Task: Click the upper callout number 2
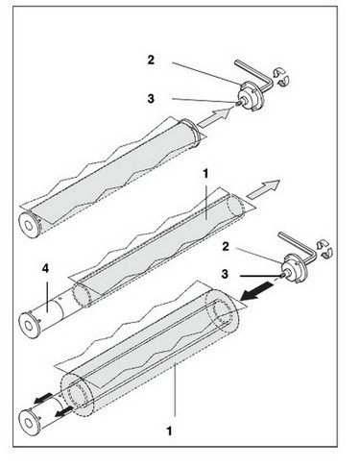pyautogui.click(x=151, y=60)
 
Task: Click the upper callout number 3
pyautogui.click(x=151, y=99)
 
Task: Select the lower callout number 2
pyautogui.click(x=226, y=247)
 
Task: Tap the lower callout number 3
pyautogui.click(x=225, y=274)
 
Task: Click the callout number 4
pyautogui.click(x=46, y=269)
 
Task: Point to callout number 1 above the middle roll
pyautogui.click(x=205, y=174)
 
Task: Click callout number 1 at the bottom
pyautogui.click(x=169, y=430)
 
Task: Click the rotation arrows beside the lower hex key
pyautogui.click(x=324, y=249)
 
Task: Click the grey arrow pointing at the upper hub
pyautogui.click(x=214, y=117)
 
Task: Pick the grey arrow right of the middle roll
pyautogui.click(x=264, y=189)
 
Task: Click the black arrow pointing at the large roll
pyautogui.click(x=257, y=293)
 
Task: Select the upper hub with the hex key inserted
pyautogui.click(x=251, y=96)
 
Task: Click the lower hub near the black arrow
pyautogui.click(x=294, y=268)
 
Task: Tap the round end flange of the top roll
pyautogui.click(x=28, y=225)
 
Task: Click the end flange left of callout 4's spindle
pyautogui.click(x=28, y=325)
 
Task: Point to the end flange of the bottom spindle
pyautogui.click(x=28, y=422)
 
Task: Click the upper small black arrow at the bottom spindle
pyautogui.click(x=43, y=399)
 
